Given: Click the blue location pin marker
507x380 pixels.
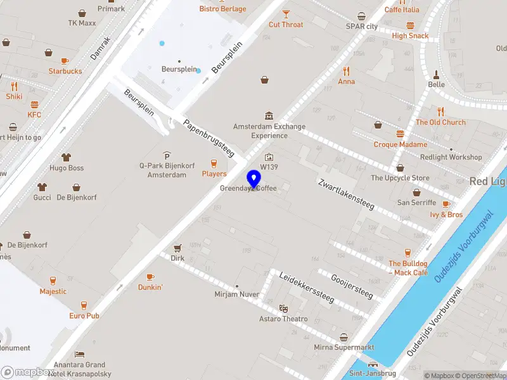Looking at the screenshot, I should (x=254, y=179).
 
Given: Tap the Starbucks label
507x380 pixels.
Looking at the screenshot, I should (x=66, y=71).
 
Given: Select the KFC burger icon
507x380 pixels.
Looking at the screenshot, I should (x=34, y=104).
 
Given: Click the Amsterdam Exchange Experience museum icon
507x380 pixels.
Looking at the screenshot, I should (x=269, y=116).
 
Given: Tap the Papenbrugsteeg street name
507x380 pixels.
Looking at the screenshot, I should (x=209, y=138).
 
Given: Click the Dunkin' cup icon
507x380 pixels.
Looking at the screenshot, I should (x=150, y=277).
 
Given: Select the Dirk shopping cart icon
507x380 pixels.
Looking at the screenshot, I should (x=177, y=248).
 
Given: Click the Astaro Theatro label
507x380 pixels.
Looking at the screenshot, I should (x=283, y=319).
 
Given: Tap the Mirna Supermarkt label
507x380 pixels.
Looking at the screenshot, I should (x=344, y=347).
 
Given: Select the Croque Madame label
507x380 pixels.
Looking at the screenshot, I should (x=400, y=144).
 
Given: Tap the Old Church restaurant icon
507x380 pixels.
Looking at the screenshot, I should (x=441, y=111).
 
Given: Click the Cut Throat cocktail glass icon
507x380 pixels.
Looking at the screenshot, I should (x=286, y=13).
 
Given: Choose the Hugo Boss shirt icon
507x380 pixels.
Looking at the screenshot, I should (x=67, y=157).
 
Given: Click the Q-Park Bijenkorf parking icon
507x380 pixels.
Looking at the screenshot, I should (x=167, y=156).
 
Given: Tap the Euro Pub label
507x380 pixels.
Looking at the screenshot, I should (x=84, y=315).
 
